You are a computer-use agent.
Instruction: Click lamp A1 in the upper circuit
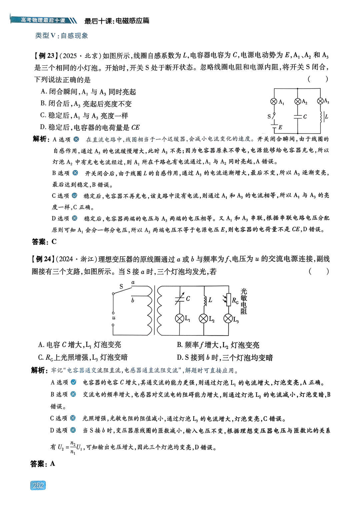pos(274,101)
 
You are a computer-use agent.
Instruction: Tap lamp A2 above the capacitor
pos(298,101)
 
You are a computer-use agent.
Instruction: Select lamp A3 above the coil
pos(320,101)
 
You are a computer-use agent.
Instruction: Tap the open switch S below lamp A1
pos(273,116)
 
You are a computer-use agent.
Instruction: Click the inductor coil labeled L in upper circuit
pos(321,117)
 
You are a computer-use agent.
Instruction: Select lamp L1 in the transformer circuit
pos(180,318)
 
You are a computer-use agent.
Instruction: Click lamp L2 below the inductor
pos(203,319)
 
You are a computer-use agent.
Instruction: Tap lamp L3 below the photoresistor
pos(228,319)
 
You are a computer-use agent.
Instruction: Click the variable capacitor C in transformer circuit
pos(180,299)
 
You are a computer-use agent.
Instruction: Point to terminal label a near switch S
pos(133,282)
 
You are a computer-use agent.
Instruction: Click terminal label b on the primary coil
pos(133,300)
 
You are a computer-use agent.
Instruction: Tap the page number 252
pos(38,485)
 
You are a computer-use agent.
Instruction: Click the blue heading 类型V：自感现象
pos(62,36)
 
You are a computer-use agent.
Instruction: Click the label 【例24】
pos(43,259)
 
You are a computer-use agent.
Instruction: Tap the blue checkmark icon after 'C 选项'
pos(75,195)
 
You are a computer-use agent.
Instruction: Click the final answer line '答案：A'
pos(43,464)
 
